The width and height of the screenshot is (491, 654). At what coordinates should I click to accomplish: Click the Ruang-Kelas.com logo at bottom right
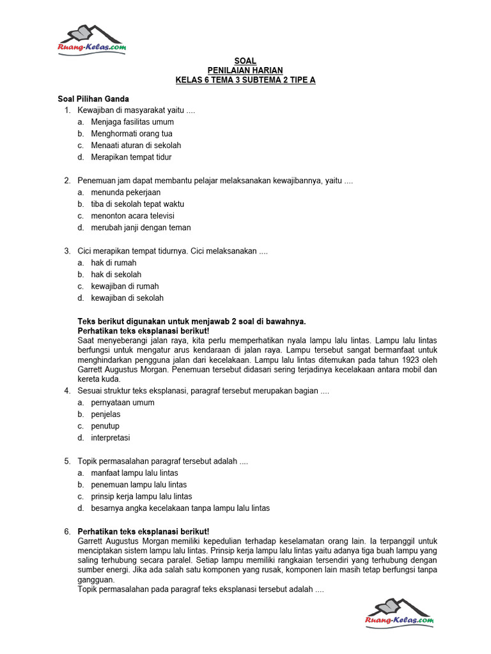click(x=399, y=613)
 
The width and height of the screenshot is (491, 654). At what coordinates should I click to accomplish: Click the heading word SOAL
click(x=245, y=61)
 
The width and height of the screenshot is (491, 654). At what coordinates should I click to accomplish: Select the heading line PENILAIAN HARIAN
click(x=245, y=70)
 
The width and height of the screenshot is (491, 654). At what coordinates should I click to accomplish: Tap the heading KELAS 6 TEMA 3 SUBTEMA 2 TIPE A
click(x=245, y=80)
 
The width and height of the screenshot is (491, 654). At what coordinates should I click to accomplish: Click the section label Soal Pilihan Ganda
click(x=93, y=99)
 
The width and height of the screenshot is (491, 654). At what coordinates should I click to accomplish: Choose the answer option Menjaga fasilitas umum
click(x=132, y=122)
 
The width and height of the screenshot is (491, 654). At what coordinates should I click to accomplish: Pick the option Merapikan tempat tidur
click(x=131, y=157)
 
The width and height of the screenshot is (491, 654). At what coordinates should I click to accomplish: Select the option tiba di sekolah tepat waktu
click(x=137, y=204)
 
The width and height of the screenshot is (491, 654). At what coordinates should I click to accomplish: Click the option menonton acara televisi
click(x=132, y=216)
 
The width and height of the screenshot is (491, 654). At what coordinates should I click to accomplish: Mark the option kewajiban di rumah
click(x=125, y=286)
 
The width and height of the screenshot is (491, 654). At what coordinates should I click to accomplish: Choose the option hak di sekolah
click(x=116, y=275)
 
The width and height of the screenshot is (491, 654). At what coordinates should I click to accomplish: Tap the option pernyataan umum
click(x=123, y=403)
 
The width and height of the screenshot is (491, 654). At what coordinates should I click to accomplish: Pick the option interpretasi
click(x=111, y=438)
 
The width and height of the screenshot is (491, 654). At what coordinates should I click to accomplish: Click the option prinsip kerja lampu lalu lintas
click(x=141, y=496)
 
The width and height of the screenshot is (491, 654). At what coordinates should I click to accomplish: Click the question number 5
click(x=67, y=461)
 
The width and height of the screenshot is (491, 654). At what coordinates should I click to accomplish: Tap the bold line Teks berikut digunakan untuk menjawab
click(x=192, y=321)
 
